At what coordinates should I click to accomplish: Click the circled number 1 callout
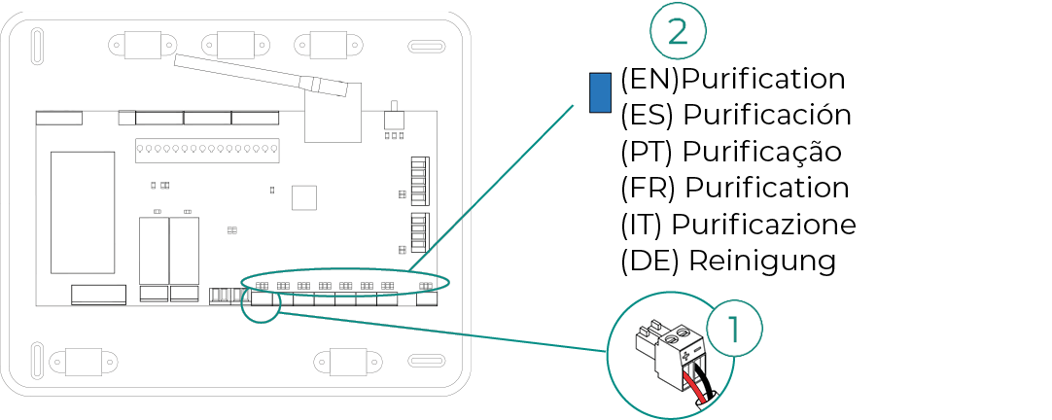pos(734,329)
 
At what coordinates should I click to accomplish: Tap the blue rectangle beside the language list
pos(600,91)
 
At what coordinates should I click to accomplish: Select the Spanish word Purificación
pos(767,115)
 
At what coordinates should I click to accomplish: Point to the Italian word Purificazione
pos(763,225)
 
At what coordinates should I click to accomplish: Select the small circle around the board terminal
pos(261,299)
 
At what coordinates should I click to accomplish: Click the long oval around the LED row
pos(345,283)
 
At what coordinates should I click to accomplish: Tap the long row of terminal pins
pos(201,150)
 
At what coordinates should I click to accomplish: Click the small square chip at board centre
pos(305,197)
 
